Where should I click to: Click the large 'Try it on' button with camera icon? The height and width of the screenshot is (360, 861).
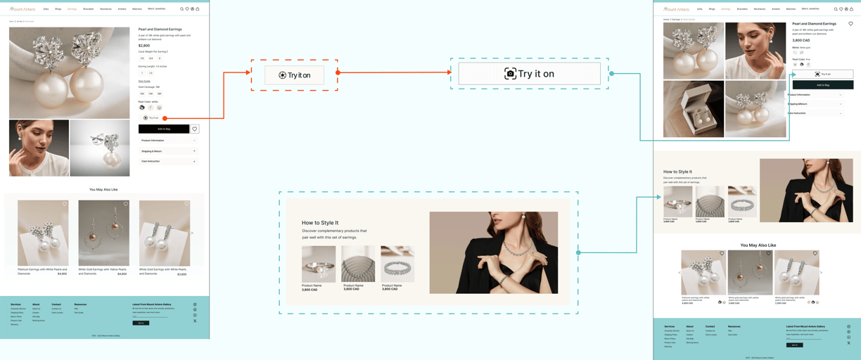pyautogui.click(x=529, y=74)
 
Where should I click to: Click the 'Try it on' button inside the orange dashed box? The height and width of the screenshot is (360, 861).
pyautogui.click(x=295, y=75)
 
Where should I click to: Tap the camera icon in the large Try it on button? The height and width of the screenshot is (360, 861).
pyautogui.click(x=510, y=74)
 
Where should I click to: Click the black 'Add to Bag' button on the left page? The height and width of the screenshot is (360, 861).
pyautogui.click(x=164, y=129)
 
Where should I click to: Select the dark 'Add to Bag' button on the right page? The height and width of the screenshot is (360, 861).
pyautogui.click(x=822, y=85)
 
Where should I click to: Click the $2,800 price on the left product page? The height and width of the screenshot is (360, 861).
pyautogui.click(x=144, y=46)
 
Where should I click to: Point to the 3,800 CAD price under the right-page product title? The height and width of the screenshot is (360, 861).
pyautogui.click(x=801, y=40)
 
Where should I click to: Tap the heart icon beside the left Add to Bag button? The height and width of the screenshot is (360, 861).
pyautogui.click(x=195, y=129)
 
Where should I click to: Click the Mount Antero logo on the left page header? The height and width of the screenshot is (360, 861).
pyautogui.click(x=23, y=9)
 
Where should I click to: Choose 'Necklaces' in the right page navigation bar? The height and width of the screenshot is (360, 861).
pyautogui.click(x=759, y=9)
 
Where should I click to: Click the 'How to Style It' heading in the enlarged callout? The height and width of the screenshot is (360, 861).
pyautogui.click(x=320, y=223)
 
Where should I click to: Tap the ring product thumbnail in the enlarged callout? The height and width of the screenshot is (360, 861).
pyautogui.click(x=319, y=264)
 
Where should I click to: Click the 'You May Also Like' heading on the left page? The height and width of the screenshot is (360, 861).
pyautogui.click(x=103, y=189)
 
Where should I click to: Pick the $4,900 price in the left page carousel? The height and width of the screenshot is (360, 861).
pyautogui.click(x=62, y=274)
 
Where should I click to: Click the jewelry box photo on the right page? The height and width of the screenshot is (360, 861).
pyautogui.click(x=694, y=109)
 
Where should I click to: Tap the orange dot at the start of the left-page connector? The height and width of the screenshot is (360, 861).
pyautogui.click(x=165, y=118)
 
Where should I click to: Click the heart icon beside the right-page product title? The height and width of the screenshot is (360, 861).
pyautogui.click(x=850, y=24)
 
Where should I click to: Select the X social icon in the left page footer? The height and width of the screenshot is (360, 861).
pyautogui.click(x=195, y=321)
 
